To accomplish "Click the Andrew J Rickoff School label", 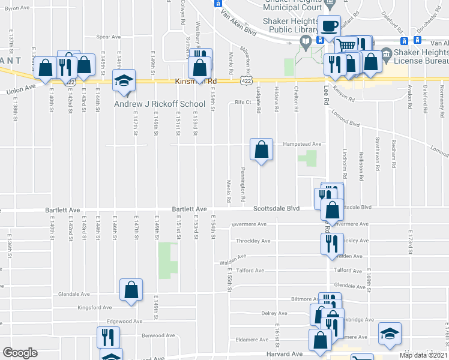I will tap(160, 104).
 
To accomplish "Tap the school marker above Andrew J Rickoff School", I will tap(124, 82).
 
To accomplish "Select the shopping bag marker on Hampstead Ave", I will tap(262, 150).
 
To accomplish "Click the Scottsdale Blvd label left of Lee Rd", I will tap(276, 209).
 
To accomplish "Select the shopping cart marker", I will tap(345, 46).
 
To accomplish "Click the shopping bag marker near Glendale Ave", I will tap(131, 290).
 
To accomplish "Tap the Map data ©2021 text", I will tap(423, 355).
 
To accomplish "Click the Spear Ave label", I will tap(109, 37).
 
